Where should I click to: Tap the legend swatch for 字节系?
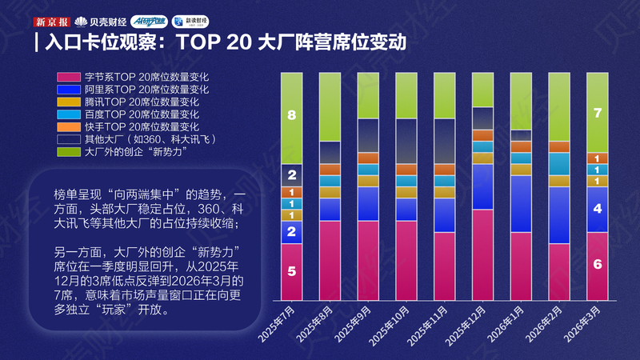70,77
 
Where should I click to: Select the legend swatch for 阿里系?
70,90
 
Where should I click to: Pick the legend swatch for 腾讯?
70,102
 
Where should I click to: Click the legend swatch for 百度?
70,114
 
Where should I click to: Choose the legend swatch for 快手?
70,126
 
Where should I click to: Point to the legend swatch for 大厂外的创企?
70,151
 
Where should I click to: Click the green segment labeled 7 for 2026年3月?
598,112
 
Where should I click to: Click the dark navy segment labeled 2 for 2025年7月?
291,175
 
